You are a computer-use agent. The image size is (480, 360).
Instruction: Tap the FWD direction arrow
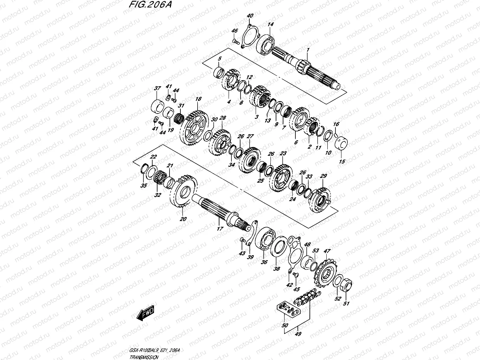tap(145, 313)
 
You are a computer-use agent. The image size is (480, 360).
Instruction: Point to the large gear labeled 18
tap(193, 130)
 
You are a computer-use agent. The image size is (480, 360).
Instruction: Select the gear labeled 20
tap(184, 192)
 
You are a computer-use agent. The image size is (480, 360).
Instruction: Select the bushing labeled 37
tap(158, 105)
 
